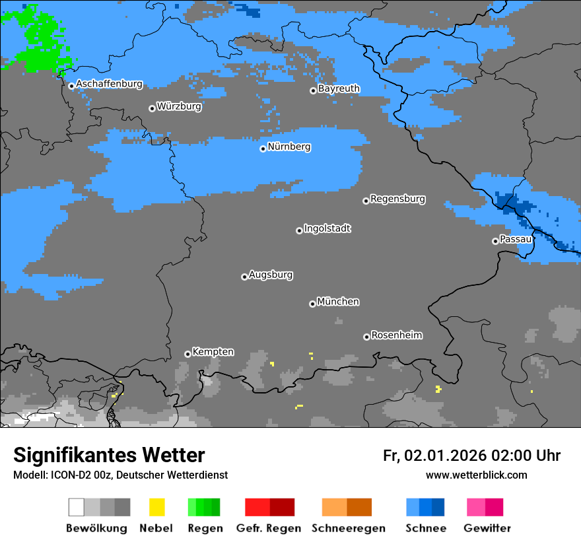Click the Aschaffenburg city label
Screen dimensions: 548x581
coord(109,84)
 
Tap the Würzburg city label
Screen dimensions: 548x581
coord(179,106)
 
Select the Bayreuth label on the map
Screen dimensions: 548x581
coord(339,88)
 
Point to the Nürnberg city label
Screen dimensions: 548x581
coord(289,147)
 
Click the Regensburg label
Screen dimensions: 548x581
coord(397,199)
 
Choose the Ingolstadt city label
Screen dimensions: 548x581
coord(327,228)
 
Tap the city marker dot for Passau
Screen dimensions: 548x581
coord(495,241)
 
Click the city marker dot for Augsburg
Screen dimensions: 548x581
coord(244,277)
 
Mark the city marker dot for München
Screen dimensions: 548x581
coord(312,304)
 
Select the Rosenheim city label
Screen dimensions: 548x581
coord(396,335)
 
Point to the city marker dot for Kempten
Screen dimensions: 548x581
coord(188,354)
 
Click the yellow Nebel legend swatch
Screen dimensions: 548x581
coord(156,507)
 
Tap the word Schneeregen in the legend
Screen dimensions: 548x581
coord(348,528)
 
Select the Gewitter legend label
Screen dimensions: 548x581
coord(487,528)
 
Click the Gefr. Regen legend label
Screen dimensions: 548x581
coord(269,528)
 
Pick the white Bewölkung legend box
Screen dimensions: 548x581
coord(77,507)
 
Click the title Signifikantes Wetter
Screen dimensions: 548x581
coord(109,455)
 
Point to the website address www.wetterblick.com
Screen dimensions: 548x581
coord(476,475)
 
